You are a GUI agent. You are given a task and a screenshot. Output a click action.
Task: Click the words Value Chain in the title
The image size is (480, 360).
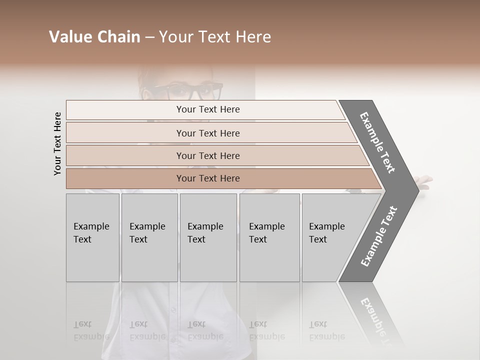point(94,37)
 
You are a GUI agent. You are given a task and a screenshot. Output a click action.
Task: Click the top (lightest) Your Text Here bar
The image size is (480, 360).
point(207,109)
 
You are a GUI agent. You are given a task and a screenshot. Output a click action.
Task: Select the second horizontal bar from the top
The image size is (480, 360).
point(207,133)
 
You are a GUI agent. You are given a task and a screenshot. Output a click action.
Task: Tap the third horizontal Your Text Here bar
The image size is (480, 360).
point(207,155)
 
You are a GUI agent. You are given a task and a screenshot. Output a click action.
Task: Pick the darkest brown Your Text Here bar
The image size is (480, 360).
point(207,178)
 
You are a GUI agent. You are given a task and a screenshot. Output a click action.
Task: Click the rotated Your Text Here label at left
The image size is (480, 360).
point(57,143)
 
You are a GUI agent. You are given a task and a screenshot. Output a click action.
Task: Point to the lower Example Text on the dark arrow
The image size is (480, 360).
point(379,236)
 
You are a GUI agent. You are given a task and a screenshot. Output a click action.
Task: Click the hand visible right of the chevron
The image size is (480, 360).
point(425,182)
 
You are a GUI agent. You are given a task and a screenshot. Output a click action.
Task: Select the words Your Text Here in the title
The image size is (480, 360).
point(215,37)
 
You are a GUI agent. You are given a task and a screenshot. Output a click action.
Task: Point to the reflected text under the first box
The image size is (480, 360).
point(91,330)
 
